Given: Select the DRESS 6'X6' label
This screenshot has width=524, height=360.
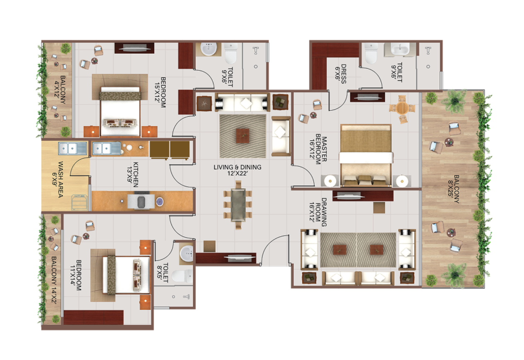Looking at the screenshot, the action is tap(341, 74).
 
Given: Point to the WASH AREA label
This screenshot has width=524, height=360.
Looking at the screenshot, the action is tap(58, 180).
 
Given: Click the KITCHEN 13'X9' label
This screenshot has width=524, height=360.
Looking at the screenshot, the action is tap(132, 175).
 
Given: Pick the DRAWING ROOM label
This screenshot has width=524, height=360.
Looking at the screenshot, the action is tap(318, 212).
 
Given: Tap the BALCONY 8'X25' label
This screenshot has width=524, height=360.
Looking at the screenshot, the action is tap(454, 189).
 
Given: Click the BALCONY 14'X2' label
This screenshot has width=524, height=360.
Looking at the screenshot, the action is tap(54, 281).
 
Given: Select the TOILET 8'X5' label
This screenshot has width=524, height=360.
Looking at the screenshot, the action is tap(163, 273).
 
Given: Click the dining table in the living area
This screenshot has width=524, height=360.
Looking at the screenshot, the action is tap(238, 205).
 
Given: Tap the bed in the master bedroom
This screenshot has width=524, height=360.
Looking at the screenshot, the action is tap(366, 156).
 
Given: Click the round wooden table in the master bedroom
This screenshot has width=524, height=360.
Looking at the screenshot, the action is tap(402, 108).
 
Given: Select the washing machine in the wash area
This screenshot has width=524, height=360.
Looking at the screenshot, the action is tap(79, 202).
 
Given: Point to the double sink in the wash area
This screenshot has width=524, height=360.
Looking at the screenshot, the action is tap(72, 148).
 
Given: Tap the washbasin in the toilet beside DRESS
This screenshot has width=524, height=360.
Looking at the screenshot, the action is tap(400, 50).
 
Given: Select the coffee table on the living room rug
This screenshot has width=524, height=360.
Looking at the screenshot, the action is tap(243, 136).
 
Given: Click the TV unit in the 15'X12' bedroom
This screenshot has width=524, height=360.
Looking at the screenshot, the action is tap(134, 48).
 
